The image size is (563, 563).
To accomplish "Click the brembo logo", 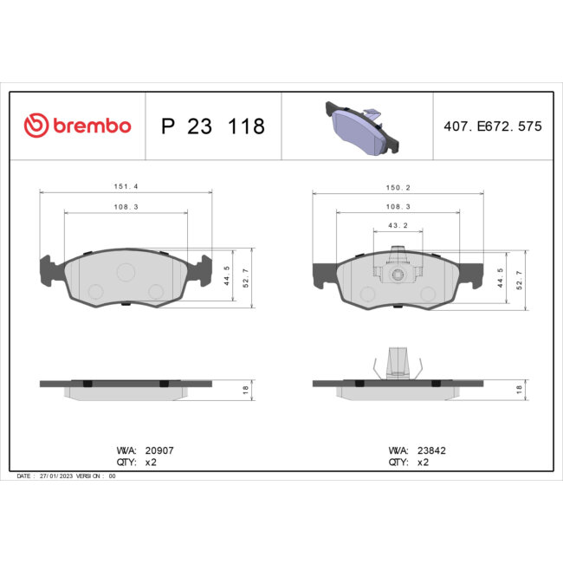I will [77, 126].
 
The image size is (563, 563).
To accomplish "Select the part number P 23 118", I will [213, 126].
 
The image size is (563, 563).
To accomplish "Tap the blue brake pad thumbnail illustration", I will [356, 126].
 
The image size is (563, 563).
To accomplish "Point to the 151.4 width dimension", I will [126, 185].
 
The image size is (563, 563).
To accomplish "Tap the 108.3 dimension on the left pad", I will [126, 206].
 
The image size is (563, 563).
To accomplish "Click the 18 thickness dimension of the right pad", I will [519, 390].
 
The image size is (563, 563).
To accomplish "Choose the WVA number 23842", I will [431, 451].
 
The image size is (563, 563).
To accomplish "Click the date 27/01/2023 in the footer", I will [55, 476].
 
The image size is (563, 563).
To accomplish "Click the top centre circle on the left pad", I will [126, 272].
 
